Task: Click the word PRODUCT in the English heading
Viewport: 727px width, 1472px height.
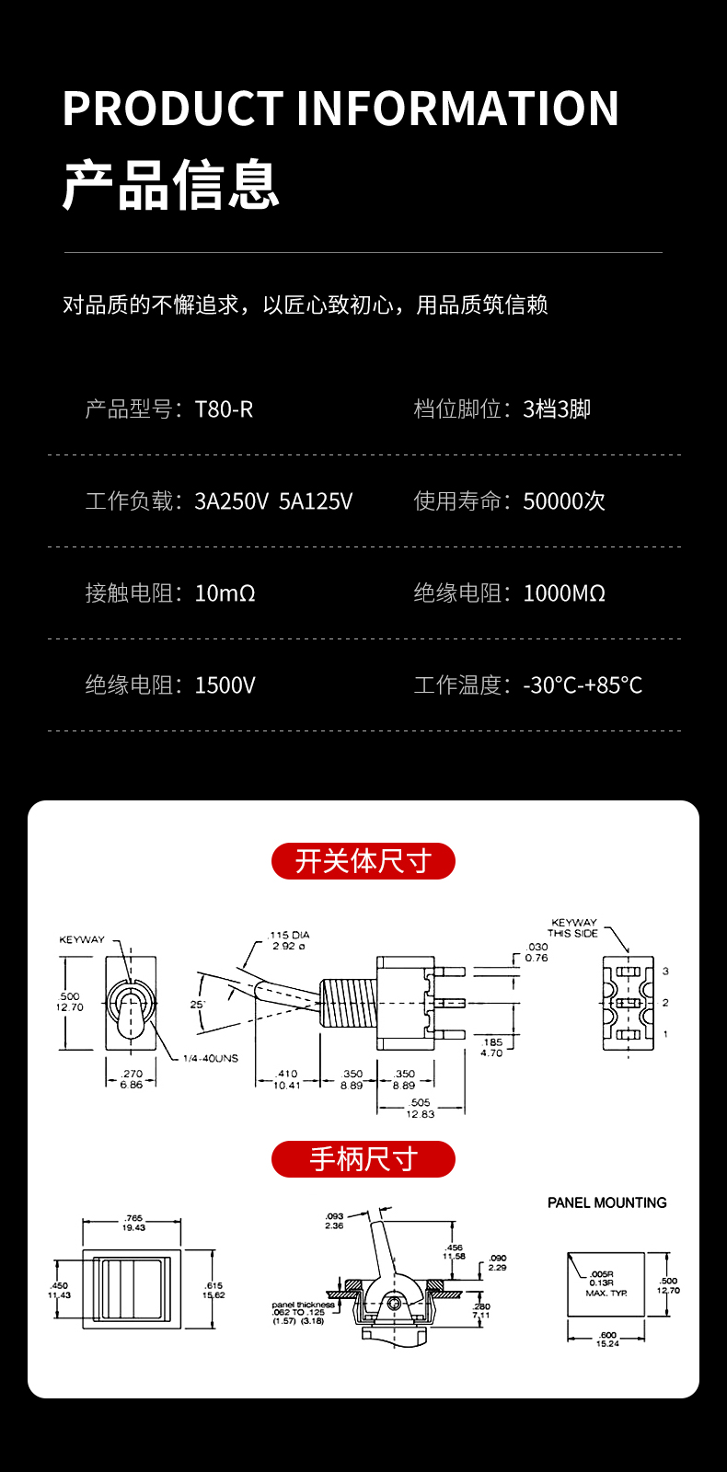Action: pos(173,109)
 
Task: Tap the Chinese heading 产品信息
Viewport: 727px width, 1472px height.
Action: pos(170,185)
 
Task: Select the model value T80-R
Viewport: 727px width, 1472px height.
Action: pos(224,409)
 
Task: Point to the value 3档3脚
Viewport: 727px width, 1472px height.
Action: pos(557,409)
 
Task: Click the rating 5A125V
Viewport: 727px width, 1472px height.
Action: pos(316,501)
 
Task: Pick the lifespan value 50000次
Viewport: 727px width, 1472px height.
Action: pos(564,501)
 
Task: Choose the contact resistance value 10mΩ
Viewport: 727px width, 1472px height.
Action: pos(225,593)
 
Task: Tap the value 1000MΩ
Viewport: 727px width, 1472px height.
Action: pos(564,593)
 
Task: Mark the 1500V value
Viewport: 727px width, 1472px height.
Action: pos(225,685)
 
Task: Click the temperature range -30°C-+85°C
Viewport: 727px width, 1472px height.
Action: pos(583,685)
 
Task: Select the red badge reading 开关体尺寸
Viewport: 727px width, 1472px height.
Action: pos(363,861)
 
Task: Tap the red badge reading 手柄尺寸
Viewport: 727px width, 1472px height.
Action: pos(363,1159)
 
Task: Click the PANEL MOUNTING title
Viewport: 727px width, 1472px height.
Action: pos(606,1202)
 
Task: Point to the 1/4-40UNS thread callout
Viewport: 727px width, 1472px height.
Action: pos(210,1059)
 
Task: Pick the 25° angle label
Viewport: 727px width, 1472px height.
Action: pos(197,1005)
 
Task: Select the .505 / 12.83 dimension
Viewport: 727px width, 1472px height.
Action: pos(420,1108)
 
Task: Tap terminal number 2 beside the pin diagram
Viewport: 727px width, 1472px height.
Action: pos(665,1003)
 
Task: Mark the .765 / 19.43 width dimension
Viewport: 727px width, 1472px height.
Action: pos(133,1223)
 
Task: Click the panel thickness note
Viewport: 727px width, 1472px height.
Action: pos(302,1313)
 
